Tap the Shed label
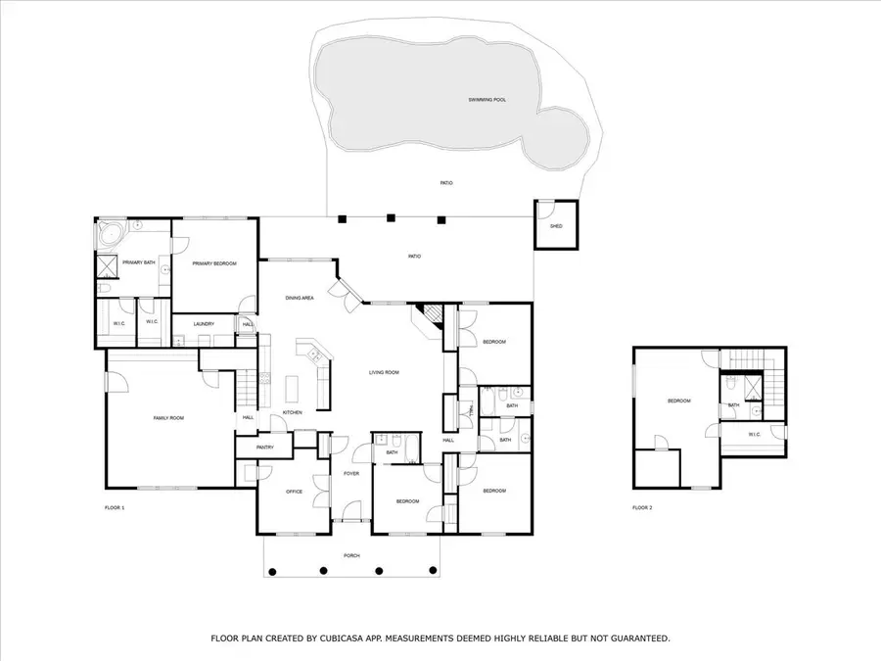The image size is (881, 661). (555, 226)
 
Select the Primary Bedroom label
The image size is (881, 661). (210, 263)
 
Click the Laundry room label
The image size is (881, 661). (204, 323)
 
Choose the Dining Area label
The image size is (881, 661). (300, 298)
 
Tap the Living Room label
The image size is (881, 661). (383, 372)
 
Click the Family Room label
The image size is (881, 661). (168, 418)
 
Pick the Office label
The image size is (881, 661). (293, 491)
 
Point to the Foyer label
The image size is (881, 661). (350, 474)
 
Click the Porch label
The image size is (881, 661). (351, 555)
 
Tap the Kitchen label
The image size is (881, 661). (292, 412)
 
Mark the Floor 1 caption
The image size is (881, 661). (115, 508)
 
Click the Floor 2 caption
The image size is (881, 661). (641, 508)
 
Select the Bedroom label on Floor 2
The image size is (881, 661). (678, 401)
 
